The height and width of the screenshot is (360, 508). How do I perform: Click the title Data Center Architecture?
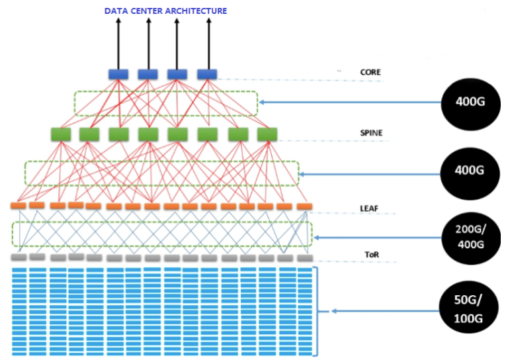(165, 11)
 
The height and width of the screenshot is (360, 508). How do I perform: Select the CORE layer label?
(370, 72)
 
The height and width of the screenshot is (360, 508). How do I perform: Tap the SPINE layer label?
(371, 133)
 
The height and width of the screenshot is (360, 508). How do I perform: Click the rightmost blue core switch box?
(207, 74)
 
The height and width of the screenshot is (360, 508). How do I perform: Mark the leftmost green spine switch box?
(61, 134)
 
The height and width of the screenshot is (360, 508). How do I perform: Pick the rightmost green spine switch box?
(267, 134)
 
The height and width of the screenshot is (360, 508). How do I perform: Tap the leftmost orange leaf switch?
(19, 206)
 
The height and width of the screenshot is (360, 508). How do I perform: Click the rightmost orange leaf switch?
(304, 206)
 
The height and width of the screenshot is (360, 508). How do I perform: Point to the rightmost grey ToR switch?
(304, 258)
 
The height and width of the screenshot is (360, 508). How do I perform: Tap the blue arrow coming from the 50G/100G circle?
(384, 310)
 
